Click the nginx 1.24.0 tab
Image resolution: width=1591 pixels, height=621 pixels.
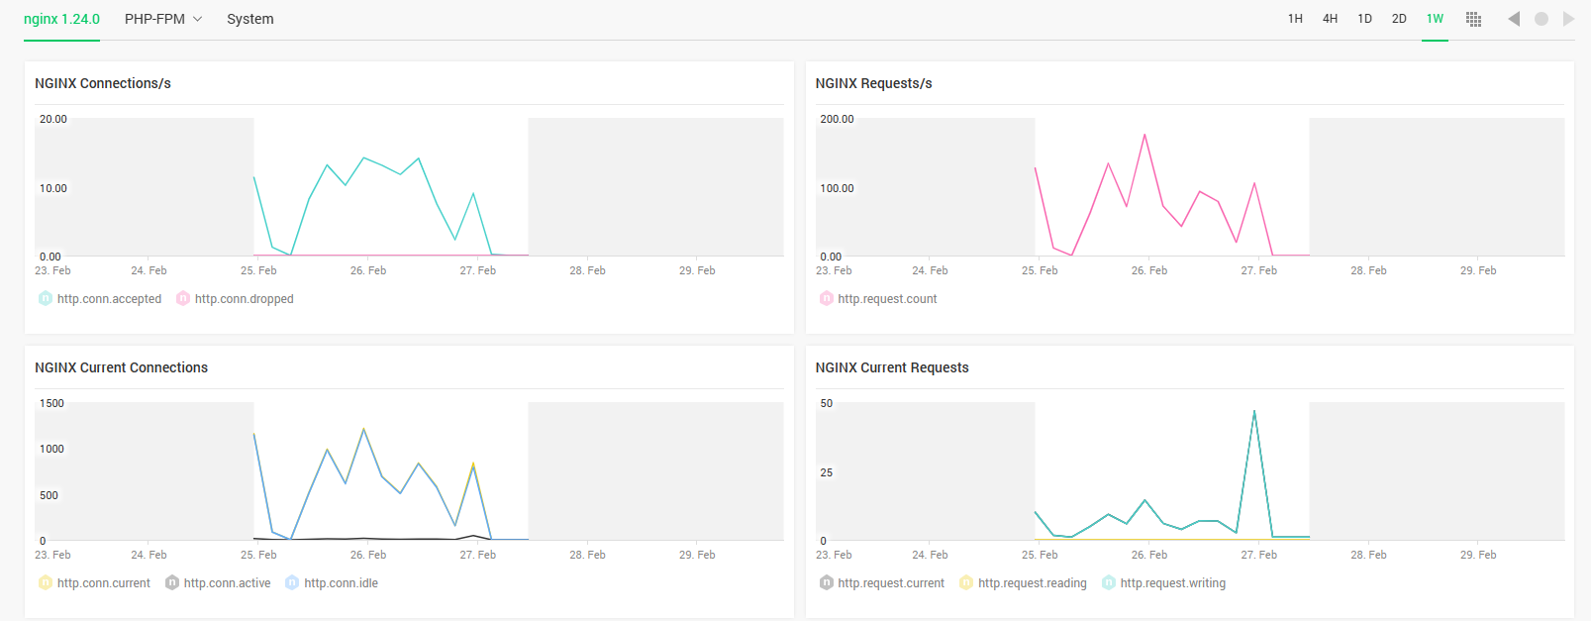coord(61,19)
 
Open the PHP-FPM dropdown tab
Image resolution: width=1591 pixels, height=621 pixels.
coord(163,19)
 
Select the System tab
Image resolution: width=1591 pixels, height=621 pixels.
coord(249,19)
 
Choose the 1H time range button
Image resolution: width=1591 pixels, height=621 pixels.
coord(1295,19)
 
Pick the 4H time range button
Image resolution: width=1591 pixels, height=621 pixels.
coord(1330,19)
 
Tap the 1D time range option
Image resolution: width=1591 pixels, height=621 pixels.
coord(1364,19)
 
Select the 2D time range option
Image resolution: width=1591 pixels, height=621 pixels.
coord(1399,19)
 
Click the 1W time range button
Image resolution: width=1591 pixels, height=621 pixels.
coord(1435,19)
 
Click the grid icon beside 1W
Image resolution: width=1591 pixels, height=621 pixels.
coord(1473,19)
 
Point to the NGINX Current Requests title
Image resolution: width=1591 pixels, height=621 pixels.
coord(892,367)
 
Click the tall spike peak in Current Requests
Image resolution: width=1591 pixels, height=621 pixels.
coord(1254,411)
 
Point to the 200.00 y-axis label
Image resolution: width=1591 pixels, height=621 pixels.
coord(837,119)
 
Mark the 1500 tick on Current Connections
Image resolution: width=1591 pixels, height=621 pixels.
coord(51,403)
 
